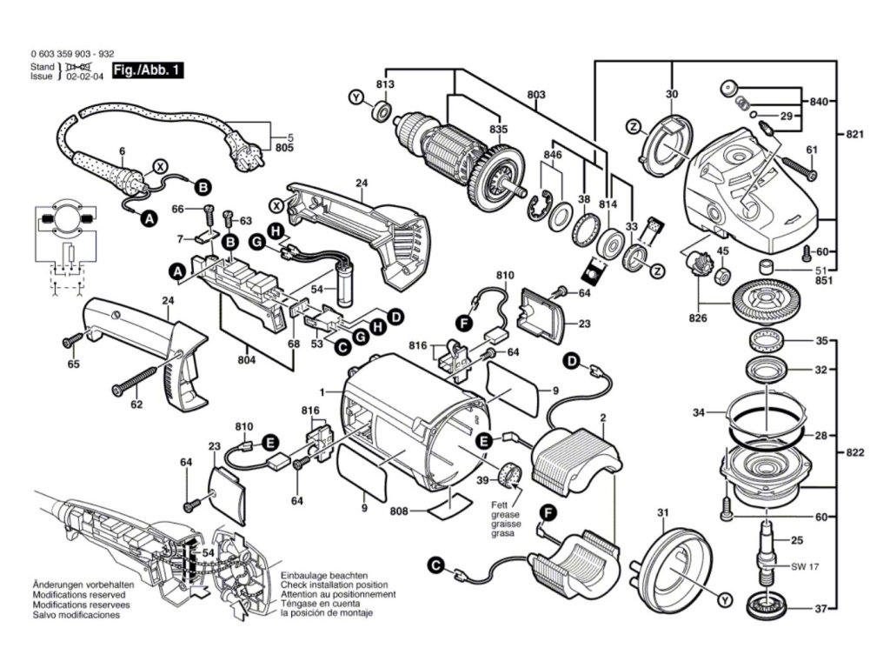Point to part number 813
(385, 84)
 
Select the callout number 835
(497, 129)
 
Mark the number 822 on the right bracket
(855, 453)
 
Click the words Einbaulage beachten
(323, 576)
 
